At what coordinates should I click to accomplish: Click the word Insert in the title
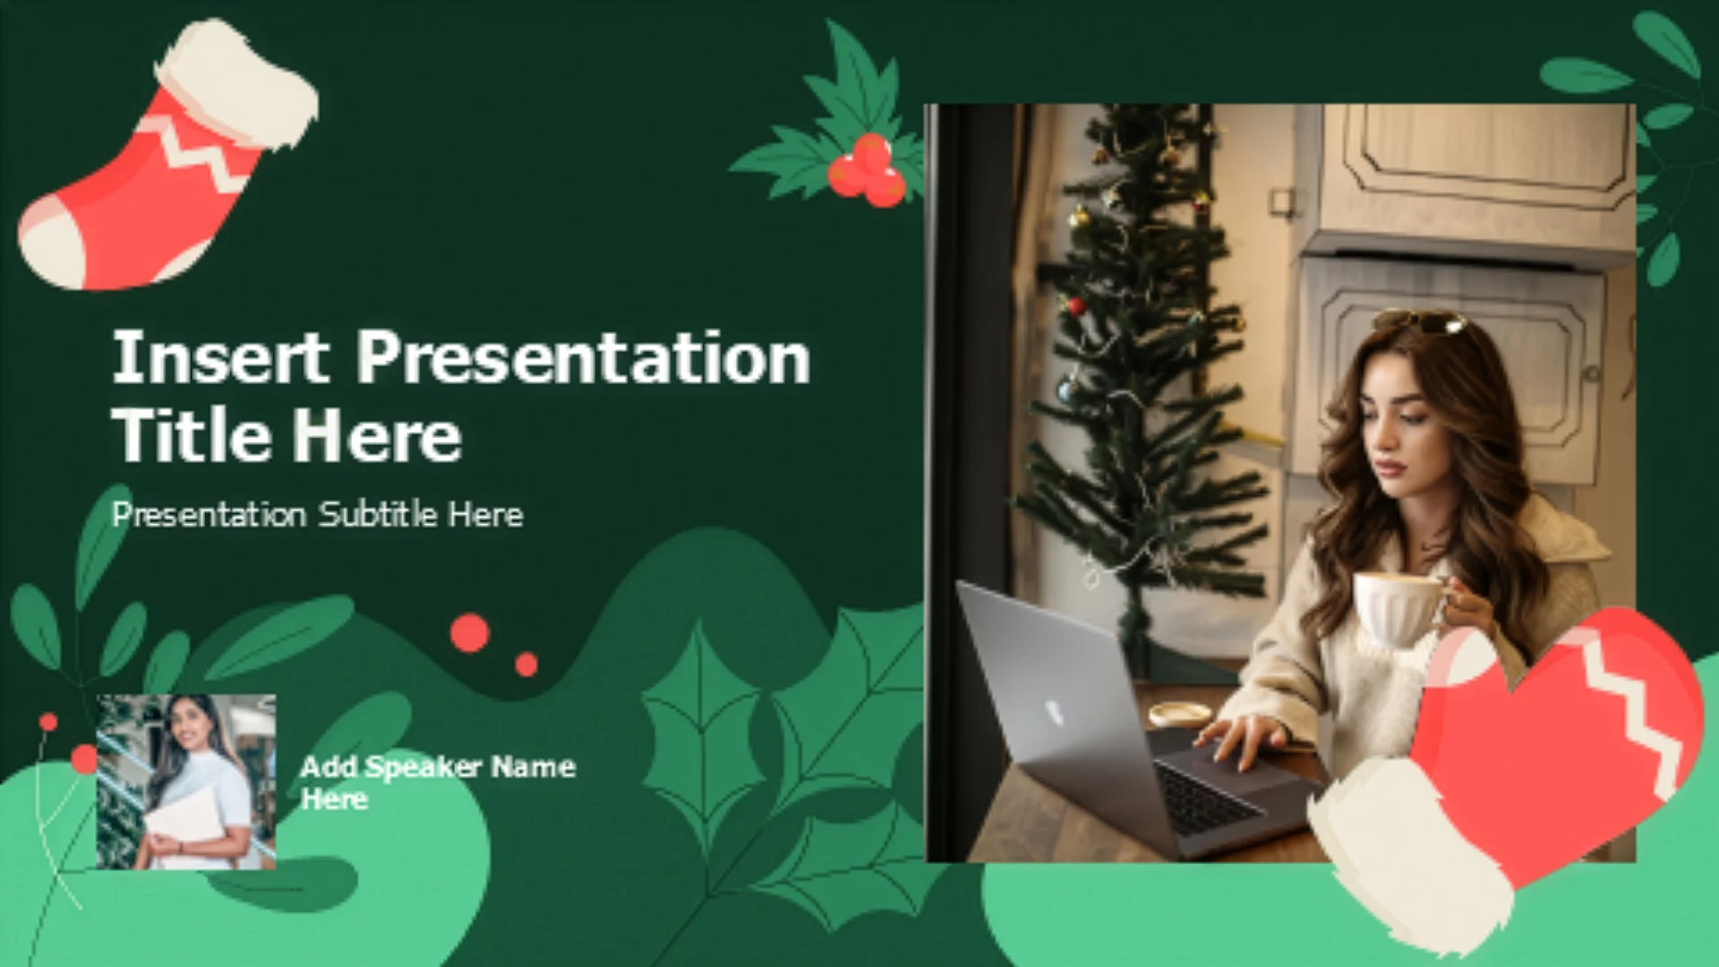(219, 356)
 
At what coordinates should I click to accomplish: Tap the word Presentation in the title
(584, 358)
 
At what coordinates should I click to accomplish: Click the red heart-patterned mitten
(1513, 761)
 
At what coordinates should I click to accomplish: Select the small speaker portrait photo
(186, 782)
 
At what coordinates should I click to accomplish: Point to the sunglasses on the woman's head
(1421, 321)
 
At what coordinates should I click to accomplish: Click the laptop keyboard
(1209, 797)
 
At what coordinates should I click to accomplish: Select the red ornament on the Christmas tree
(1075, 305)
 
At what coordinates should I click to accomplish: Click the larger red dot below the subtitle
(470, 633)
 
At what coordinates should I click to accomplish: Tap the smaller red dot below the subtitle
(526, 663)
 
